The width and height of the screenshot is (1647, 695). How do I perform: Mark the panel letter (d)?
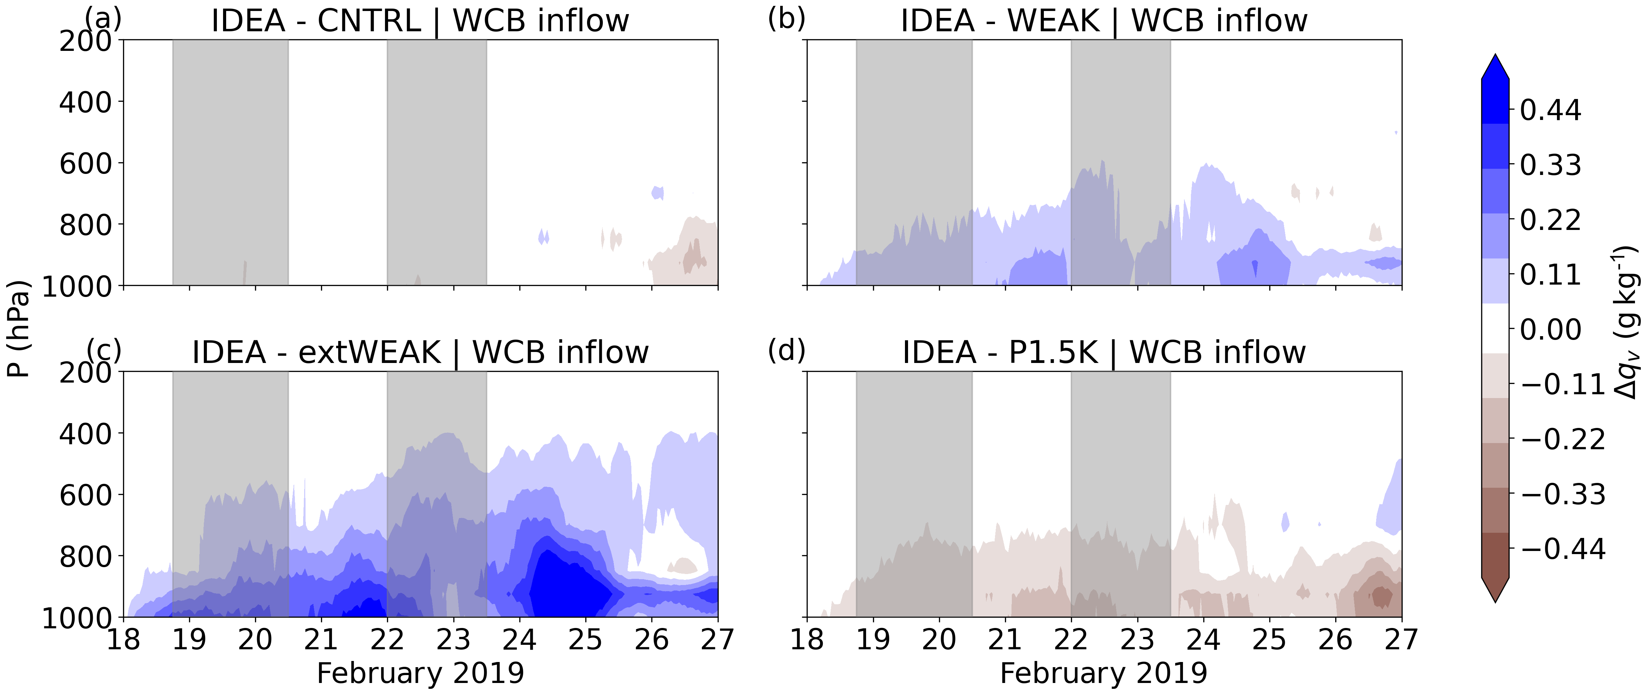tap(786, 350)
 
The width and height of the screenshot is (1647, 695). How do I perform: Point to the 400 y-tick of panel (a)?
tap(85, 102)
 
